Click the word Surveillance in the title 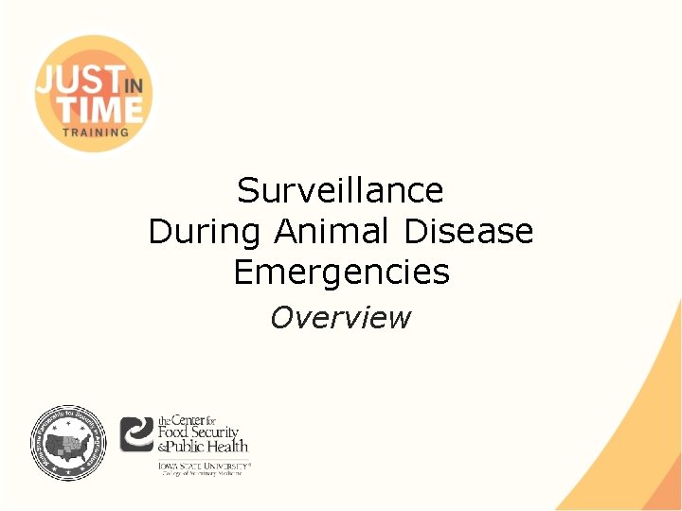coord(340,191)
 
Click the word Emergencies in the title coord(341,273)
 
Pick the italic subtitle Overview coord(340,318)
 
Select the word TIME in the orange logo coord(90,107)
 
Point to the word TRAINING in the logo coord(95,132)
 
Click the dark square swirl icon coord(137,434)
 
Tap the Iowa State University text coord(204,465)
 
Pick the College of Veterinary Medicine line coord(204,473)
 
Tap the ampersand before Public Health coord(163,447)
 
